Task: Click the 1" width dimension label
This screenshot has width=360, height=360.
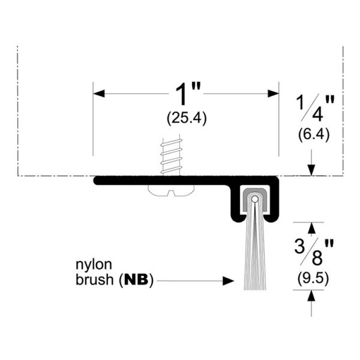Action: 188,94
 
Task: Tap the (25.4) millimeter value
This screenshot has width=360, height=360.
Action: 187,119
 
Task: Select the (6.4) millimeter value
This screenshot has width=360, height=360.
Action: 314,134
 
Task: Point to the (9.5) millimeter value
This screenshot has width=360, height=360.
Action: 313,279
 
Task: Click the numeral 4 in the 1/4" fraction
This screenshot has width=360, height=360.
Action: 317,113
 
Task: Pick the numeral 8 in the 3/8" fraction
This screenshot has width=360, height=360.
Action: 317,258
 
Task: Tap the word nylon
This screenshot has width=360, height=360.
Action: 94,265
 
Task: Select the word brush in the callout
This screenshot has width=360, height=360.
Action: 95,280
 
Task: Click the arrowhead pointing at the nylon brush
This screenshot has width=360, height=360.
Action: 228,281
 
